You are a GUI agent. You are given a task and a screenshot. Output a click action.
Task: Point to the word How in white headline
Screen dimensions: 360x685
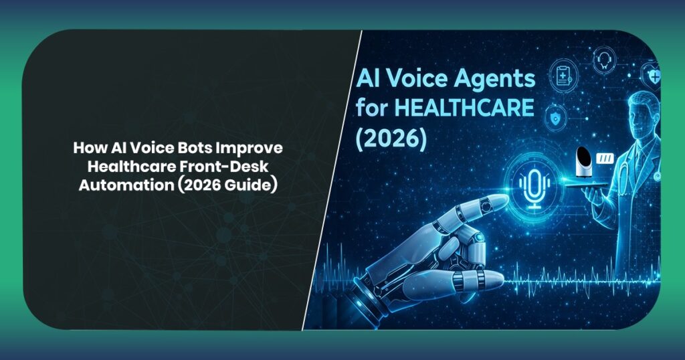86,148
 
